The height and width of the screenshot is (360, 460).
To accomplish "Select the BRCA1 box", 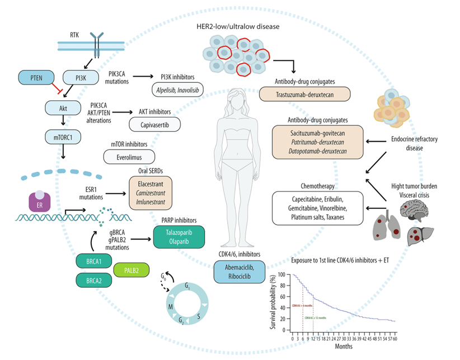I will (95, 260).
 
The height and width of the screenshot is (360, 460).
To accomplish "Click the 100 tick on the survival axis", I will (287, 275).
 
